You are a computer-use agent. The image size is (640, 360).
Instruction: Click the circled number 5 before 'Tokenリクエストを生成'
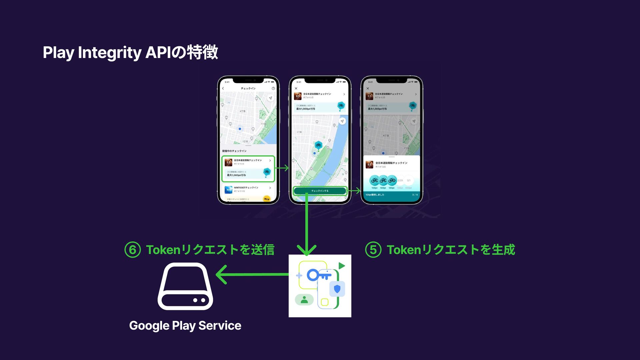pyautogui.click(x=373, y=250)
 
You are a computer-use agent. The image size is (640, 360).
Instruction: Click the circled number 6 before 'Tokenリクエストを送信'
pyautogui.click(x=132, y=250)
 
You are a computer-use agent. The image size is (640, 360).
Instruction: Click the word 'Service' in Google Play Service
pyautogui.click(x=220, y=326)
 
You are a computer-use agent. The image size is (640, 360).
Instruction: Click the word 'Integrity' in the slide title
pyautogui.click(x=110, y=53)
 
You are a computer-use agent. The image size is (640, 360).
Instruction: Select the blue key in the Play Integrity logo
pyautogui.click(x=318, y=275)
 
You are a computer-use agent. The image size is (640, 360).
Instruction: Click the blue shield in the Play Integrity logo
pyautogui.click(x=337, y=289)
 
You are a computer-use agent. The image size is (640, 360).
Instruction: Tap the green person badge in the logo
pyautogui.click(x=304, y=300)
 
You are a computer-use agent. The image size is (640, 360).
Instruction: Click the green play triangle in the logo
pyautogui.click(x=341, y=266)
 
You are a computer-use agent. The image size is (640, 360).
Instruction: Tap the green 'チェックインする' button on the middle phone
pyautogui.click(x=320, y=191)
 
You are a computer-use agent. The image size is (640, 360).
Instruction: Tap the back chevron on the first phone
pyautogui.click(x=223, y=88)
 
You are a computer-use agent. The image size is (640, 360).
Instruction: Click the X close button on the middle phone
pyautogui.click(x=296, y=88)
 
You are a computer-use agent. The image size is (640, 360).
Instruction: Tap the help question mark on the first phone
pyautogui.click(x=273, y=88)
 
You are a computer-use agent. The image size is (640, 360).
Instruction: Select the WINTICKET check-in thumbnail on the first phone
pyautogui.click(x=228, y=190)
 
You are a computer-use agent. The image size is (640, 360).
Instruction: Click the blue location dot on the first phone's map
pyautogui.click(x=240, y=129)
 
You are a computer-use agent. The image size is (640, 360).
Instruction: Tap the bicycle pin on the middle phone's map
pyautogui.click(x=318, y=145)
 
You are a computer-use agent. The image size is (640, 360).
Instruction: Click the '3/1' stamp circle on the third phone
pyautogui.click(x=409, y=181)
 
